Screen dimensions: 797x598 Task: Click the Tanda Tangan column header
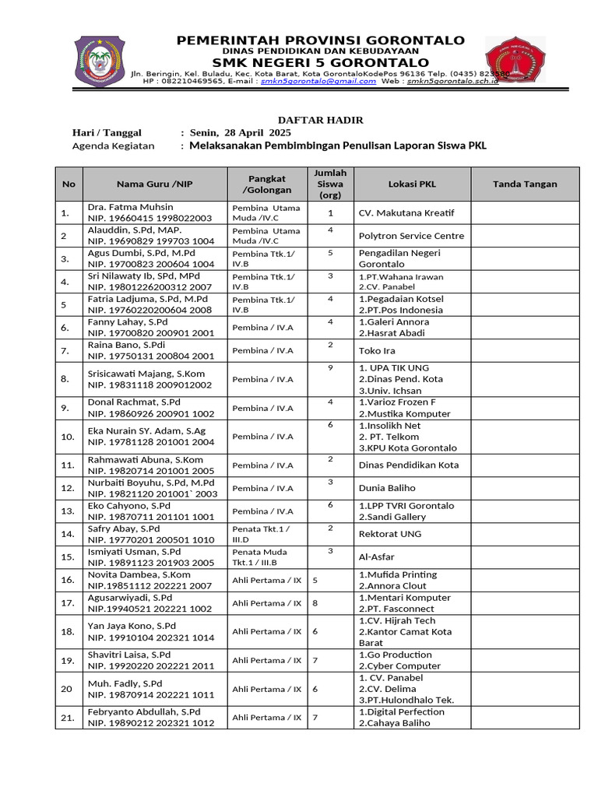(x=525, y=184)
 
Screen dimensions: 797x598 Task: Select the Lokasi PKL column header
(x=412, y=184)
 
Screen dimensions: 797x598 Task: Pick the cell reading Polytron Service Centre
(x=410, y=236)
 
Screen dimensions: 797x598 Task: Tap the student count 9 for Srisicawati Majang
(x=330, y=367)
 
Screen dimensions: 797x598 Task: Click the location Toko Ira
(x=377, y=351)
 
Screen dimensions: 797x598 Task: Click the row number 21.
(x=67, y=718)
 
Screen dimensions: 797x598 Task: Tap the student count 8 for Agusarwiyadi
(x=315, y=602)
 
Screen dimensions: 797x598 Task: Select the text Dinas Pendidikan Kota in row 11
(x=408, y=465)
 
